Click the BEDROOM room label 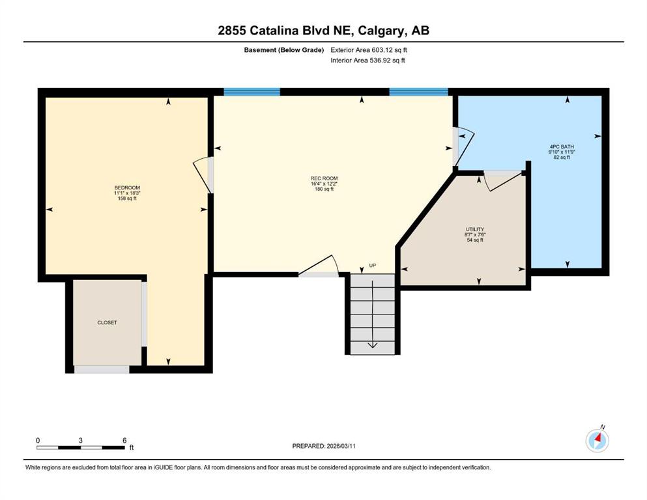pos(127,187)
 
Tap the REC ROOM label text pos(324,178)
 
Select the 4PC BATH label pos(562,146)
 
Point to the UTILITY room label pos(475,229)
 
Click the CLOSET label pos(107,322)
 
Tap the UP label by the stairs pos(373,266)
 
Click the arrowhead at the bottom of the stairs pos(373,346)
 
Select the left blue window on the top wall pos(252,92)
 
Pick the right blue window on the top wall pos(418,92)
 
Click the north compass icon pos(597,441)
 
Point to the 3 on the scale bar pos(80,440)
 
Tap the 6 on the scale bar pos(124,440)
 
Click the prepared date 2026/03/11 pos(341,446)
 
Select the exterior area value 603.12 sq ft pos(390,50)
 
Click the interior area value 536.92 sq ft pos(387,60)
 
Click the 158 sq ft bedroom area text pos(127,199)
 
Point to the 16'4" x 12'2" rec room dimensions pos(324,184)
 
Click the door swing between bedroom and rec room pos(201,174)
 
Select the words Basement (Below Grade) pos(284,50)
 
